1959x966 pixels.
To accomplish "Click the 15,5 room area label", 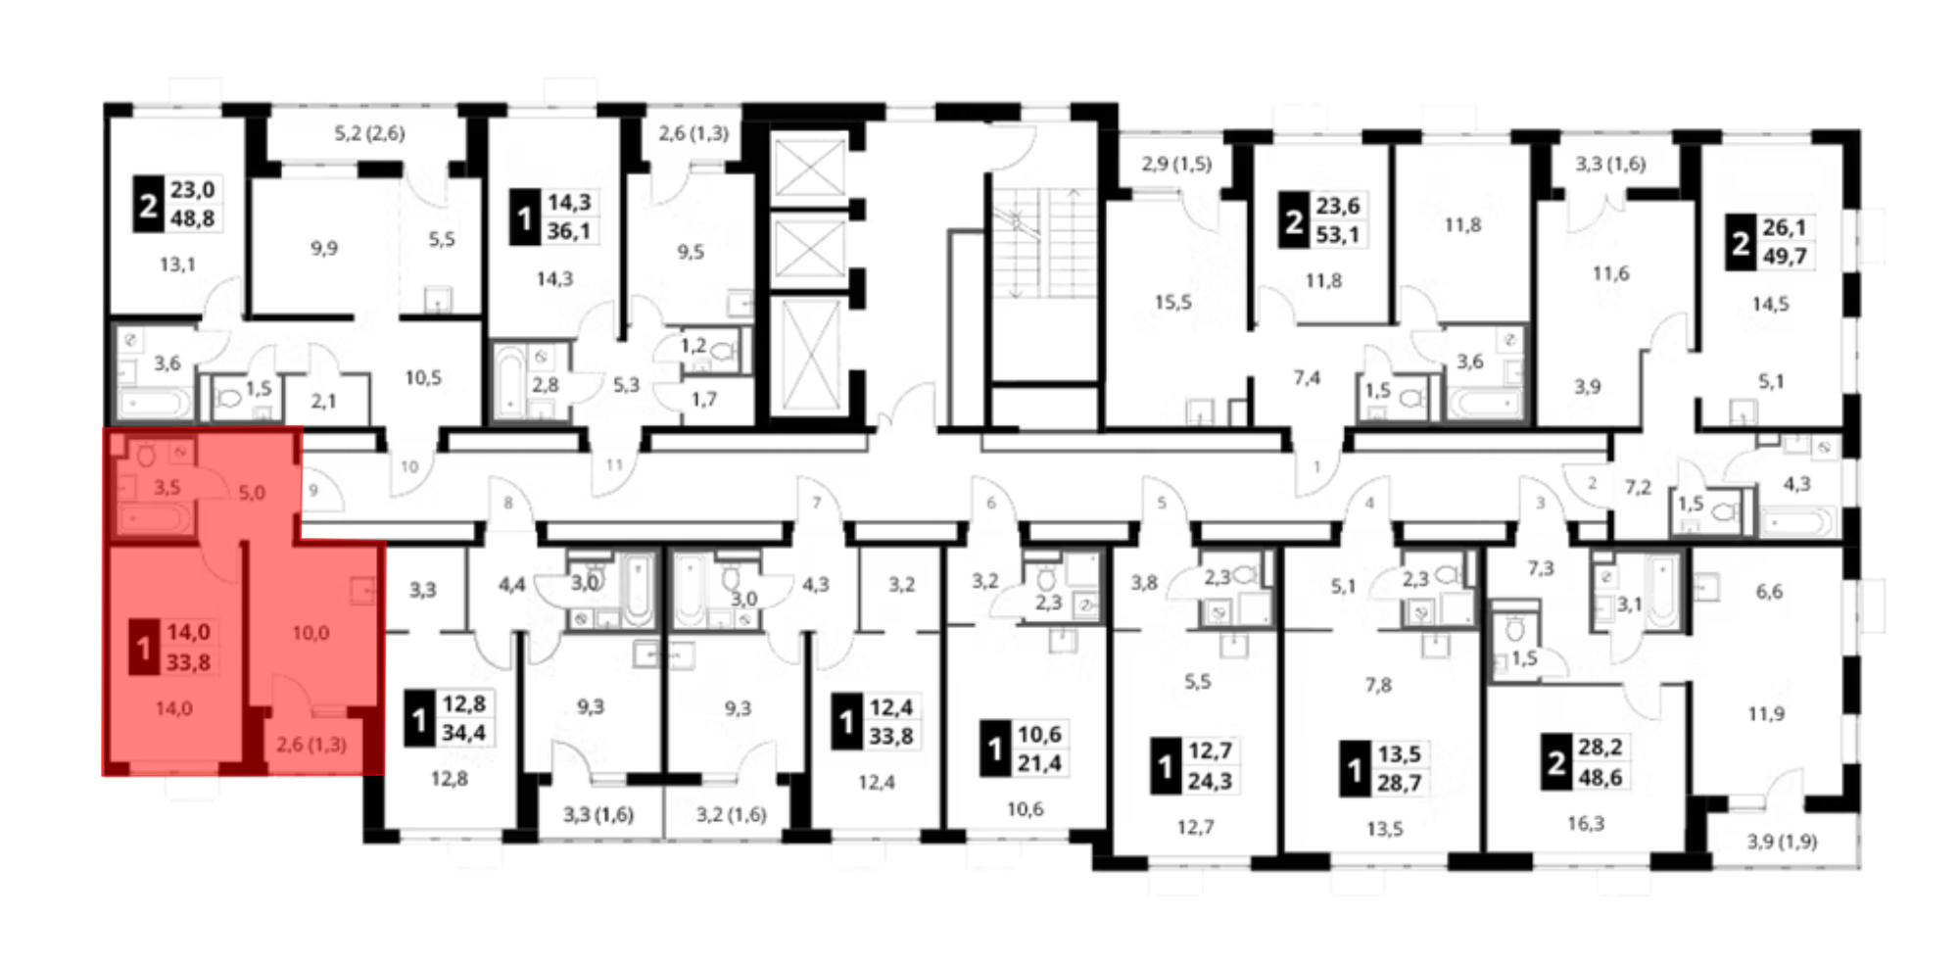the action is point(1172,303).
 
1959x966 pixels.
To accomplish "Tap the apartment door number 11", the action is point(614,464).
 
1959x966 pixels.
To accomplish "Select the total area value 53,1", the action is point(1338,235).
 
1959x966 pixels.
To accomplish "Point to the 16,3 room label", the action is point(1585,824).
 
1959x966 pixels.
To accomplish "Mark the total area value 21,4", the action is point(1039,763).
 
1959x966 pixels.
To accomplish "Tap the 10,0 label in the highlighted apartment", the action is point(311,633).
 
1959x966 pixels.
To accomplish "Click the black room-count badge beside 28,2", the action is point(1556,762).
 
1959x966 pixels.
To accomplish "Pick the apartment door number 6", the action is point(991,503).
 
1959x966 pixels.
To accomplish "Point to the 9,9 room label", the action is point(324,249).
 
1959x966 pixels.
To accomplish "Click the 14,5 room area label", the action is point(1770,304).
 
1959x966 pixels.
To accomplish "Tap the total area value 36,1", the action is point(569,231).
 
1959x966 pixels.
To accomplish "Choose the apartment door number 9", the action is point(313,489).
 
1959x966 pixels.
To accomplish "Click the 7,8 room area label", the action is point(1378,685).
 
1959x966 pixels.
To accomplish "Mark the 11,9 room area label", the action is point(1766,714).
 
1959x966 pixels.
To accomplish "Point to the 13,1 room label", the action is point(177,265).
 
